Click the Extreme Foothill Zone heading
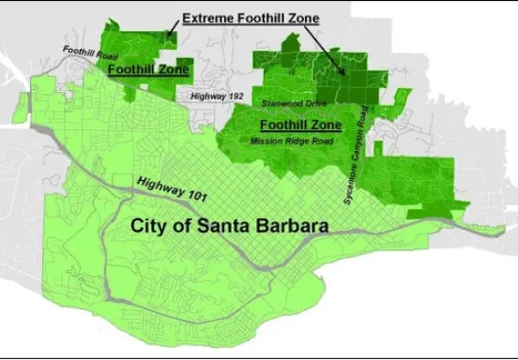click(250, 18)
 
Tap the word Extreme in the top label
click(208, 18)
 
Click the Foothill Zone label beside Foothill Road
click(149, 69)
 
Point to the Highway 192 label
click(216, 96)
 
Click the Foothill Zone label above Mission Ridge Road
click(299, 124)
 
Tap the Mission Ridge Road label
click(293, 141)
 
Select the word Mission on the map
click(267, 141)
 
